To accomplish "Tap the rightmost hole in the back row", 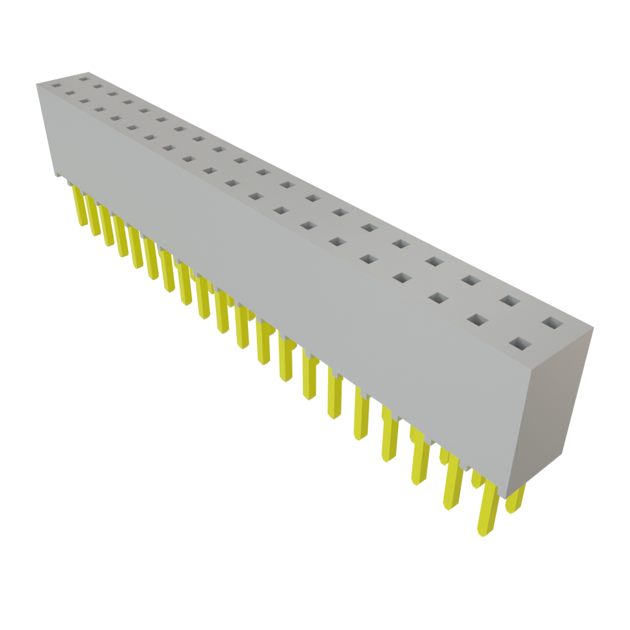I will point(552,322).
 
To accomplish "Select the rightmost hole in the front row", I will point(520,343).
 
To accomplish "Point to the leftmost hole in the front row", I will point(56,87).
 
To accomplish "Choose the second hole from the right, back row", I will point(509,301).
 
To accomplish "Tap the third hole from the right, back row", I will point(471,281).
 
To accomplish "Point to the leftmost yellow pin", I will point(79,206).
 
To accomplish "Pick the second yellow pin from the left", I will point(93,217).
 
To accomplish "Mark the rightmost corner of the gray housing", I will point(595,327).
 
